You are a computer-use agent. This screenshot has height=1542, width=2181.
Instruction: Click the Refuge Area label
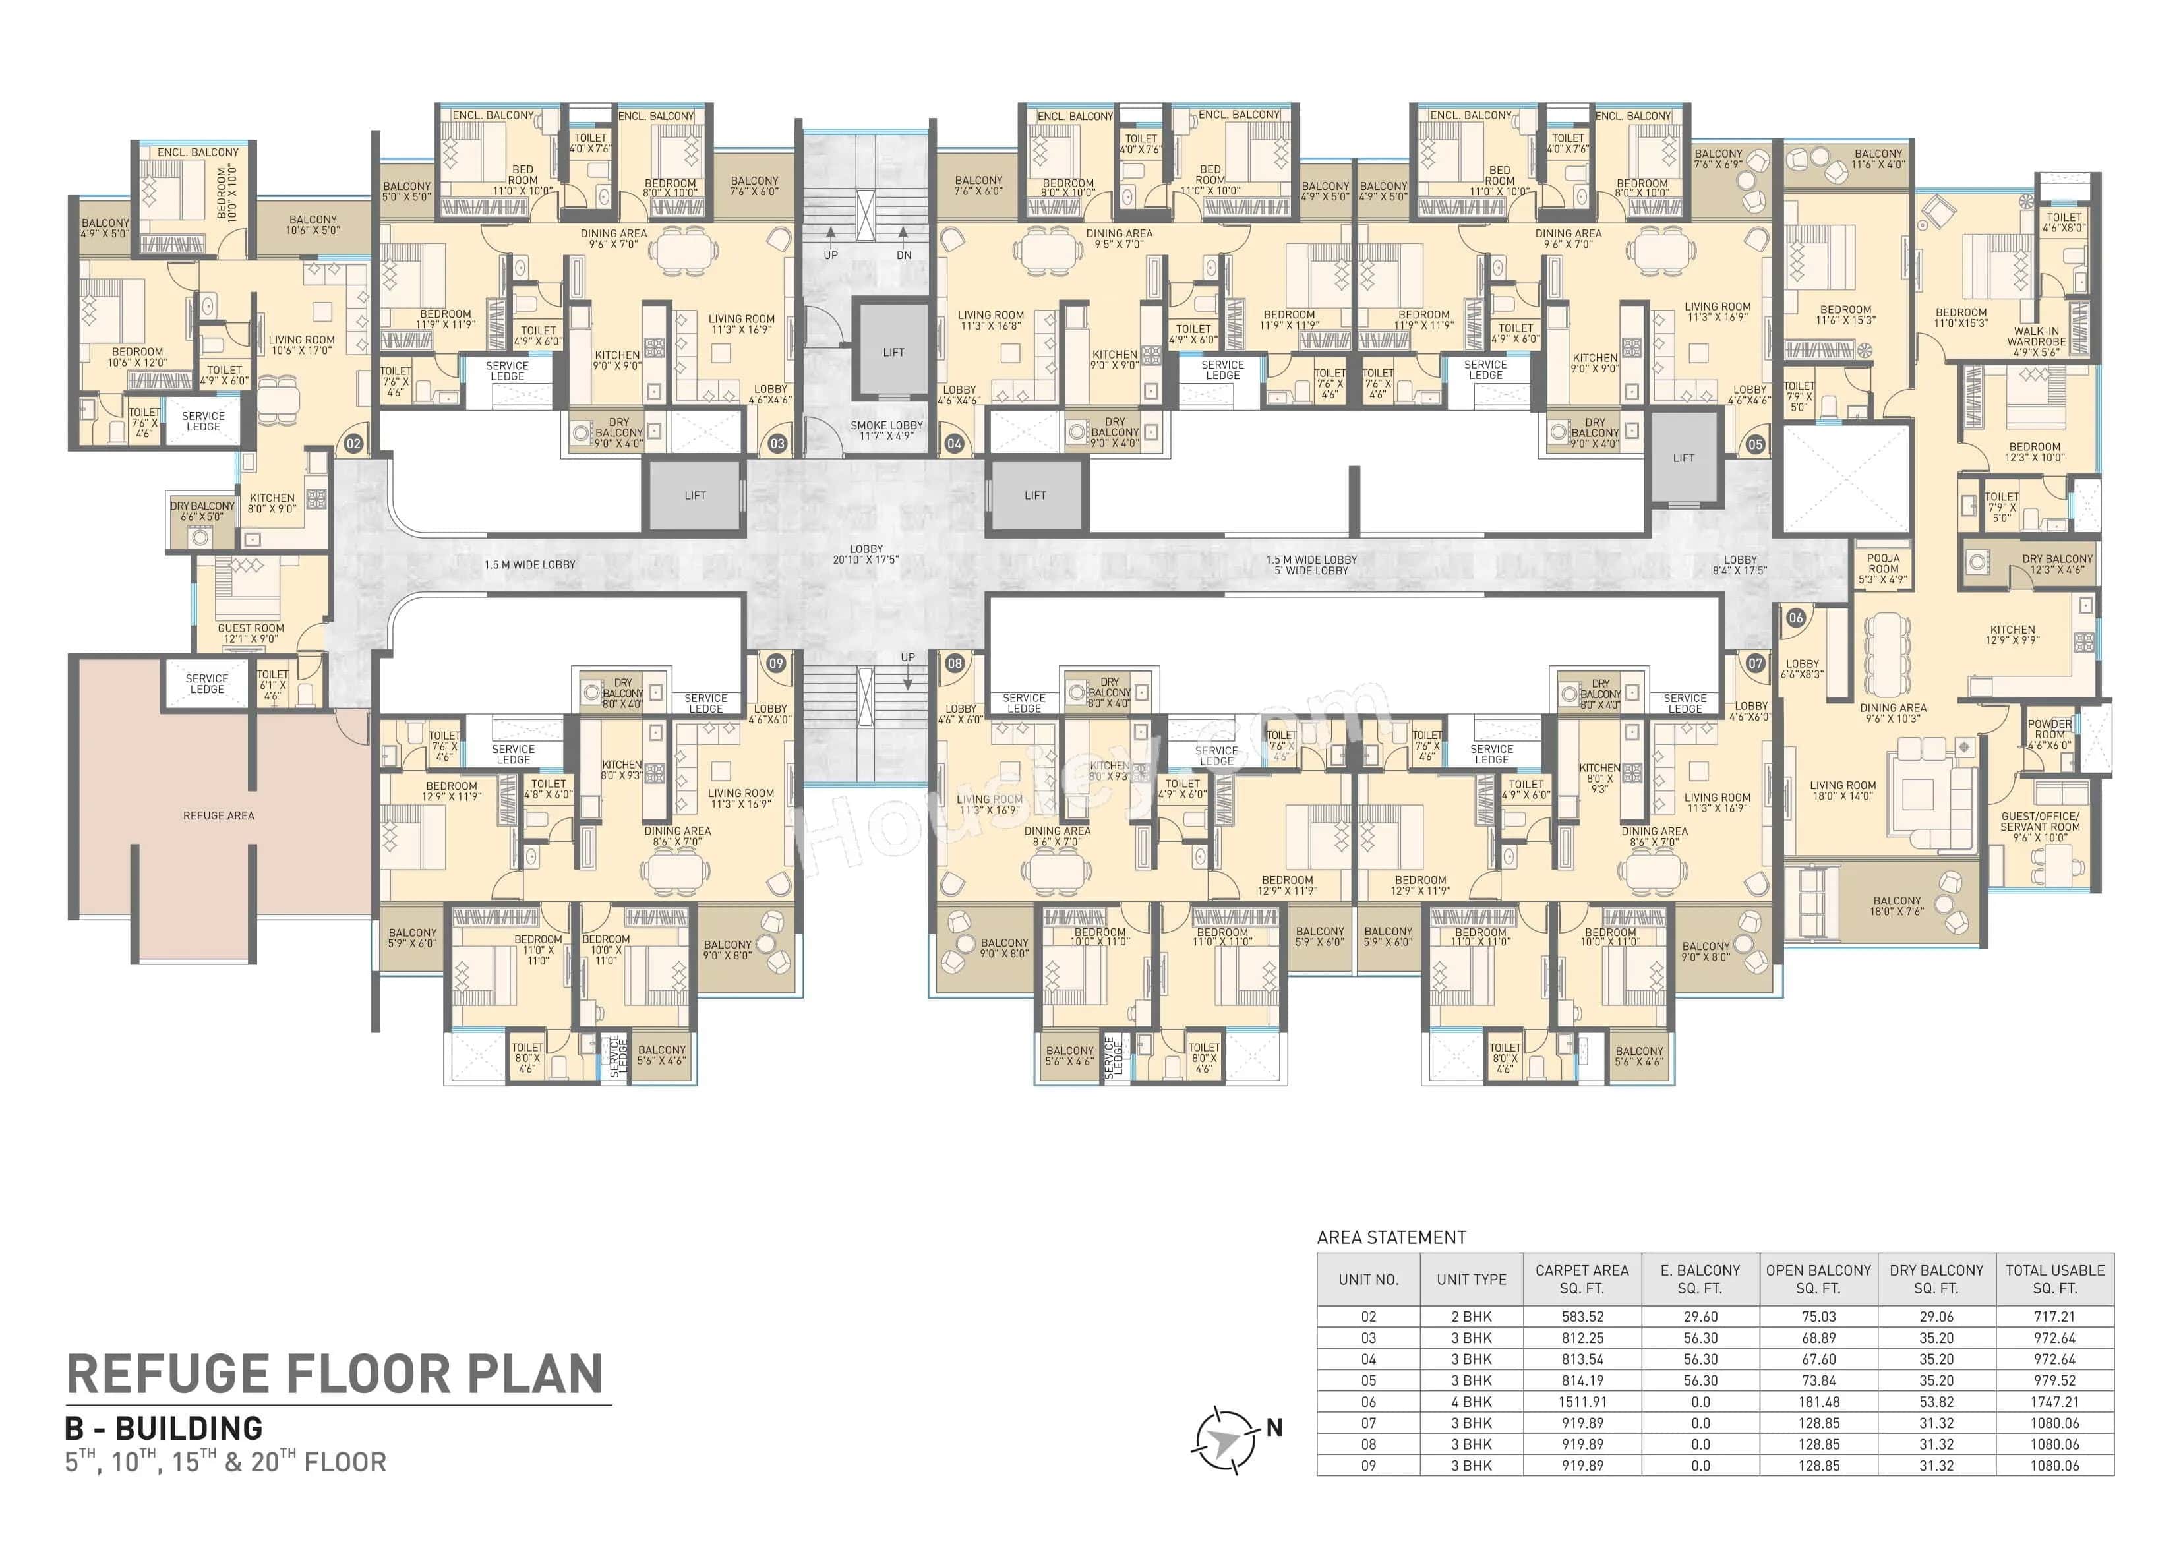[218, 815]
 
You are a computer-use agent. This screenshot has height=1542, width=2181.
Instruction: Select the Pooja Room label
[1883, 568]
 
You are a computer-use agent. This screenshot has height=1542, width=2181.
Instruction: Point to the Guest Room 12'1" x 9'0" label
[250, 633]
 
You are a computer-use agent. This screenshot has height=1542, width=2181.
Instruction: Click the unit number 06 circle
[1795, 618]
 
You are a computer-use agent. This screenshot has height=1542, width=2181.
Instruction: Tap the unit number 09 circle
[776, 663]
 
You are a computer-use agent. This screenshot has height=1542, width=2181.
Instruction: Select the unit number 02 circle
[353, 444]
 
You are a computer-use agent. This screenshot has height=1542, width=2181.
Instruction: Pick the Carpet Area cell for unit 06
[1582, 1402]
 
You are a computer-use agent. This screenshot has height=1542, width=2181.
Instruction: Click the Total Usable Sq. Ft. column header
[2054, 1279]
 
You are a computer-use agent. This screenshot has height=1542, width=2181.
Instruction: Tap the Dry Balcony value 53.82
[1936, 1402]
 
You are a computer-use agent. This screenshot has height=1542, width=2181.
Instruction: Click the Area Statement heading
[1390, 1237]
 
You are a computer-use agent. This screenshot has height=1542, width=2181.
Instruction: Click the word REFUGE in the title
[169, 1374]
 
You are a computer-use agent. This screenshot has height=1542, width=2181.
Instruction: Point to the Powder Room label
[2049, 734]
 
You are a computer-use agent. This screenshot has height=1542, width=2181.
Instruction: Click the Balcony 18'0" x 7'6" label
[1896, 905]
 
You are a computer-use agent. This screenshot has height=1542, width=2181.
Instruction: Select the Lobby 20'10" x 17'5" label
[866, 554]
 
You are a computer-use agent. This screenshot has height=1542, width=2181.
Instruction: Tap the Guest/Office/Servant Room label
[2039, 827]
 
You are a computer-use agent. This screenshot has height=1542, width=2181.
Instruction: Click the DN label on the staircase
[903, 254]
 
